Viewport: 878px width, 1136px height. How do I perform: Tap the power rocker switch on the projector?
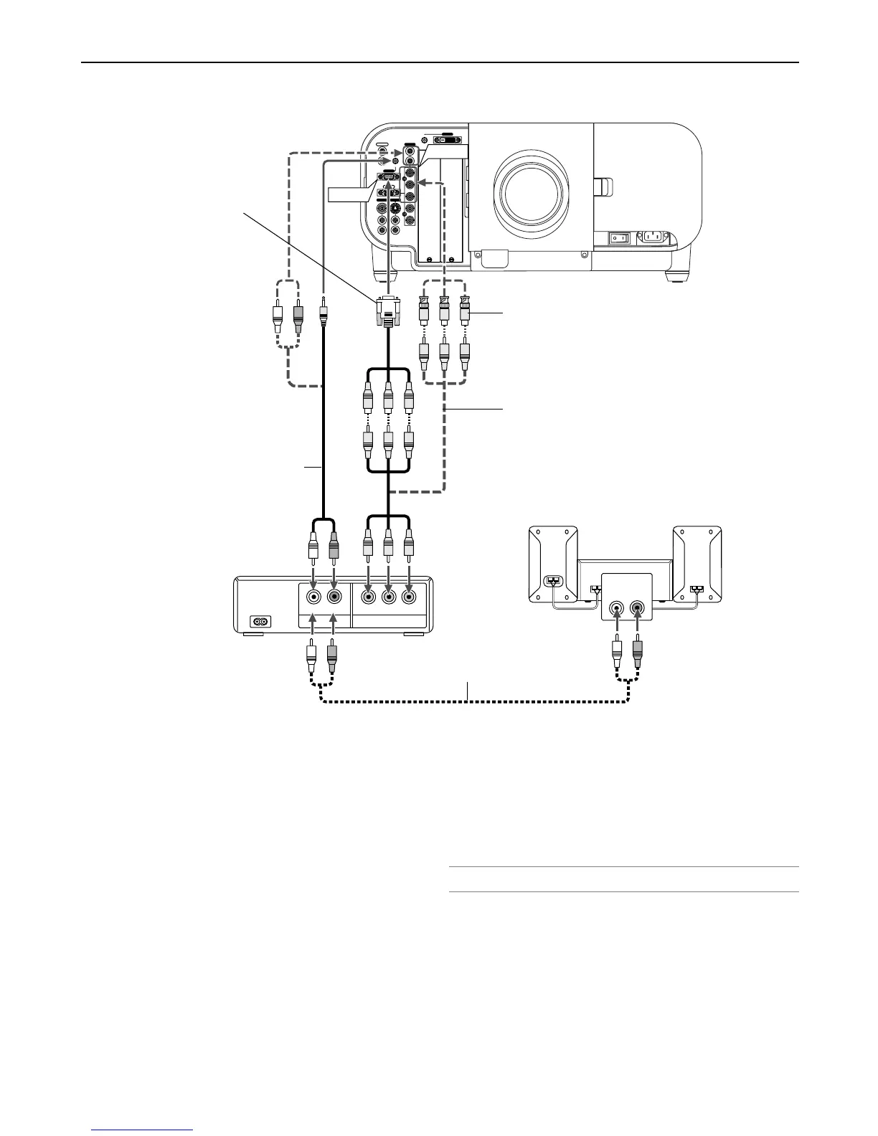click(619, 237)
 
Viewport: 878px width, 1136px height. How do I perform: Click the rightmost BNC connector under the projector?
click(465, 308)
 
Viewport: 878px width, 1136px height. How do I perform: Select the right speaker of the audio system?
click(697, 564)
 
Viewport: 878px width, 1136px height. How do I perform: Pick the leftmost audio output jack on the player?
click(313, 596)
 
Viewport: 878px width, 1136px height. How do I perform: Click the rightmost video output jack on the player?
click(409, 596)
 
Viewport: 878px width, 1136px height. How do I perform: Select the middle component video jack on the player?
click(388, 596)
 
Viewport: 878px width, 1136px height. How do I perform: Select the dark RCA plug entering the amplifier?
click(638, 653)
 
